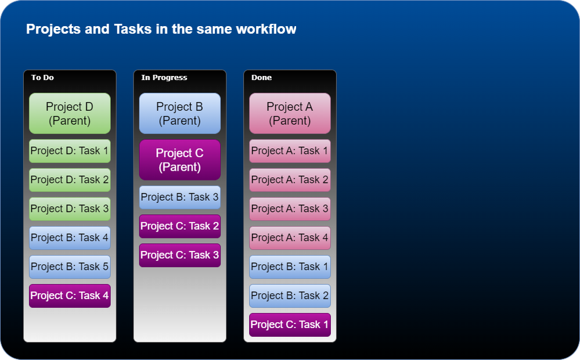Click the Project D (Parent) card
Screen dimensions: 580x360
click(70, 113)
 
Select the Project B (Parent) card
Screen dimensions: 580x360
click(180, 113)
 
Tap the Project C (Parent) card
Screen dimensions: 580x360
click(180, 160)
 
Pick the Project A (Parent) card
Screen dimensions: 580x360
click(290, 113)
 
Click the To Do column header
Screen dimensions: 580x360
click(42, 77)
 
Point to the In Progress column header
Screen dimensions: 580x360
click(164, 77)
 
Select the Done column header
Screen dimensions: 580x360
click(261, 77)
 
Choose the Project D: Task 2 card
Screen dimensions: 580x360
click(70, 180)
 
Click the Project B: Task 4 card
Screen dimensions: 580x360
click(70, 237)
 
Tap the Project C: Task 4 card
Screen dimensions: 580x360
click(70, 296)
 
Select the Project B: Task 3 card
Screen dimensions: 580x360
click(180, 197)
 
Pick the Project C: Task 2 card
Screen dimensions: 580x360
click(180, 226)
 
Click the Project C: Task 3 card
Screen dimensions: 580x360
click(180, 255)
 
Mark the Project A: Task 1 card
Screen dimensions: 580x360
click(290, 151)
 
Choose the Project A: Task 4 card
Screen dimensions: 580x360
click(290, 237)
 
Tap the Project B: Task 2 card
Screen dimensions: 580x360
click(290, 296)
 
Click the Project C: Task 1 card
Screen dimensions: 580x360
click(290, 325)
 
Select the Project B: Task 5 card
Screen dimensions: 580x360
click(70, 267)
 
